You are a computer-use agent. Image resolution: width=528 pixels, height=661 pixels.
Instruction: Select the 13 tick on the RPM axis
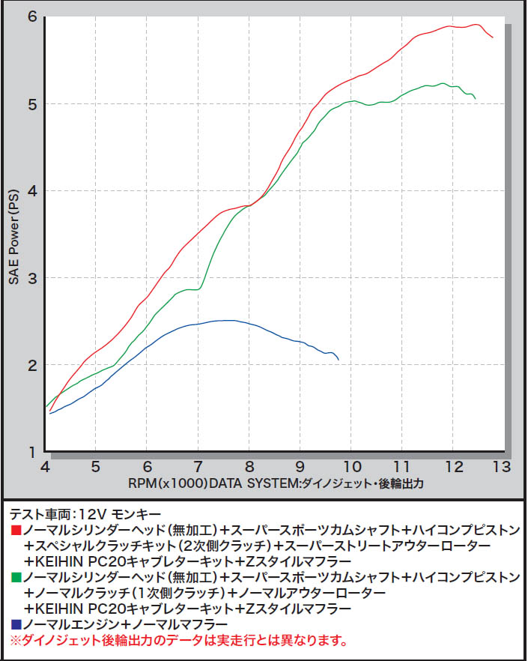click(501, 466)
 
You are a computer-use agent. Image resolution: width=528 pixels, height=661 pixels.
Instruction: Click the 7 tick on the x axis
click(198, 466)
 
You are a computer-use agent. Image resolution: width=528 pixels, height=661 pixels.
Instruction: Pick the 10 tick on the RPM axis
click(351, 466)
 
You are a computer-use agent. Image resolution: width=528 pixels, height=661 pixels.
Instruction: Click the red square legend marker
click(16, 530)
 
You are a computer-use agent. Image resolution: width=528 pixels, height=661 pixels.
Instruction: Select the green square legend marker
click(16, 577)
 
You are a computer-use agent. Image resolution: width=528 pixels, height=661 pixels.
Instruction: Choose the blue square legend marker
click(16, 624)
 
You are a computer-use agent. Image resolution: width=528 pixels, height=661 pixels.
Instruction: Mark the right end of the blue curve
click(339, 360)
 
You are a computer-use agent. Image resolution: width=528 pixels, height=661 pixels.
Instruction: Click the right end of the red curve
click(492, 37)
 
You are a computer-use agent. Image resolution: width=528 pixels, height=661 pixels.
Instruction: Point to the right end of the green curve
click(475, 97)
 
